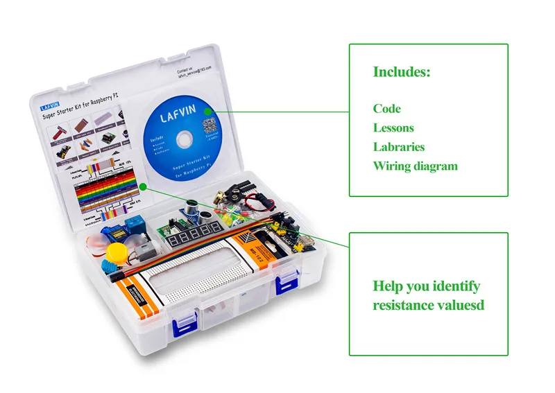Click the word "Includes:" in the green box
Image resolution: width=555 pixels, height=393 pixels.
pyautogui.click(x=402, y=72)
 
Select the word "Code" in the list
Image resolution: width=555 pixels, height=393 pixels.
pyautogui.click(x=386, y=109)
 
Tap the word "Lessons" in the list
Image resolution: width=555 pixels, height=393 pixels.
pyautogui.click(x=393, y=128)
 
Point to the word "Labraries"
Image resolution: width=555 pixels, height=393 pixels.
pyautogui.click(x=399, y=147)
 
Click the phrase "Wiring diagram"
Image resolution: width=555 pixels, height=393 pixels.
pyautogui.click(x=415, y=166)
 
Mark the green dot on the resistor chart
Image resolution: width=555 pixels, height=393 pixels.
pyautogui.click(x=142, y=186)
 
